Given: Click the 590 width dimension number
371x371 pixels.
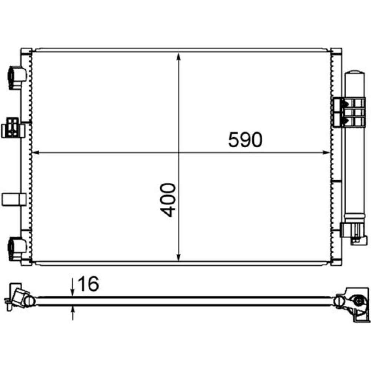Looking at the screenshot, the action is point(245,140).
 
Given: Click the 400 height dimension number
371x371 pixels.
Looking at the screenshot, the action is point(168,200).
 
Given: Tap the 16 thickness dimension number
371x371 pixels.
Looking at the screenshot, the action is point(88,284).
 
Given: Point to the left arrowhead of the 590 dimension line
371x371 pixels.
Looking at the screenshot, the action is point(36,153).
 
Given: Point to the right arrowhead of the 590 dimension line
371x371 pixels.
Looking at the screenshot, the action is point(326,153).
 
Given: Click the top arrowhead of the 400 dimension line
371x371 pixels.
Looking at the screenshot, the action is point(179,57).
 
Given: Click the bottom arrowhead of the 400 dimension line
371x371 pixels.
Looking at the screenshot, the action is point(179,257).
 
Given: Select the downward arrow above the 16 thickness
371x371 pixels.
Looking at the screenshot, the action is point(73,288).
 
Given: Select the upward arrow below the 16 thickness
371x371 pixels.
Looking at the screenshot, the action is point(73,313).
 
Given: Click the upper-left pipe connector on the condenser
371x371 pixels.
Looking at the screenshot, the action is point(17,78).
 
